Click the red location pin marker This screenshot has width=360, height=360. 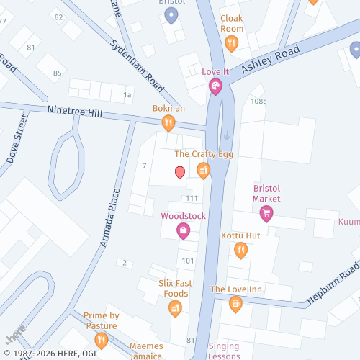point(180,171)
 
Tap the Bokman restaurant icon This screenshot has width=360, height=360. point(168,123)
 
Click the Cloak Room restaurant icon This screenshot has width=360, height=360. point(231,43)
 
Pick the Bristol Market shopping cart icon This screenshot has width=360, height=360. point(266,213)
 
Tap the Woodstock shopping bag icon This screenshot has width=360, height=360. point(183,230)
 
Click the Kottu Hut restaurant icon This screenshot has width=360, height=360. point(240,250)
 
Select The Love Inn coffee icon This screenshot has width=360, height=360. point(235,305)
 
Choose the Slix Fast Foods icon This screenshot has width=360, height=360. point(175,309)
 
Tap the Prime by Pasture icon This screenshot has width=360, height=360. point(101,339)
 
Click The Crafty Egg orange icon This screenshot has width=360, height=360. point(204,170)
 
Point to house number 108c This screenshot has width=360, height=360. point(258,102)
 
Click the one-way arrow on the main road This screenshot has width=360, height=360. point(227,135)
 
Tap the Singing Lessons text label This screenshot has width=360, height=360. point(224,351)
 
